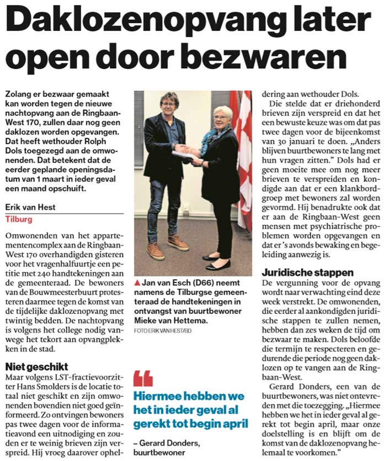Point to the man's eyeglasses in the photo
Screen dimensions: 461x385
tap(168, 104)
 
